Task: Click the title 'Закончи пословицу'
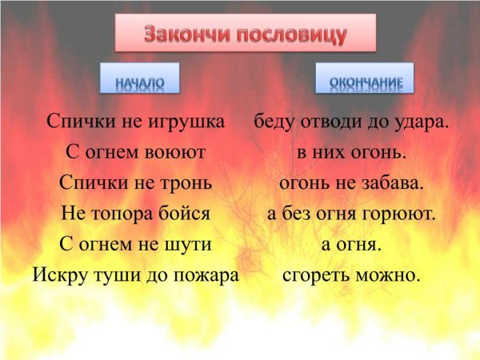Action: click(x=246, y=34)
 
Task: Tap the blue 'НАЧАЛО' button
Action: click(x=139, y=80)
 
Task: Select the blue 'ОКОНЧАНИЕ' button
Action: click(x=365, y=80)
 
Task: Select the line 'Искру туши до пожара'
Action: click(x=136, y=275)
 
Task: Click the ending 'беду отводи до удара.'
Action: click(x=351, y=122)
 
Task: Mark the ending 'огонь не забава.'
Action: click(x=351, y=182)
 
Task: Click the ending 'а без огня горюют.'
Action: click(x=351, y=214)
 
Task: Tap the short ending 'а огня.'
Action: click(x=351, y=244)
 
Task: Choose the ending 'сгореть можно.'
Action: click(x=351, y=275)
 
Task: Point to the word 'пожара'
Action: click(x=209, y=275)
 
